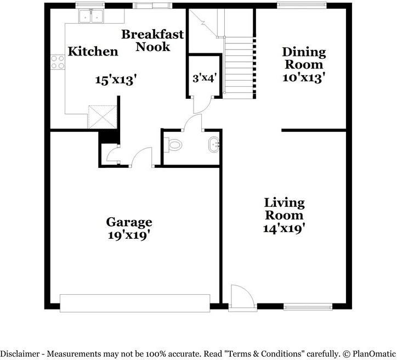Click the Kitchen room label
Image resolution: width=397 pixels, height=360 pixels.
tap(93, 52)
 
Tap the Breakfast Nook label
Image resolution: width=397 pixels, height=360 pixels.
tap(152, 41)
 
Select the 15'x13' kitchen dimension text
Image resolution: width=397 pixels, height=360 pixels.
tap(115, 79)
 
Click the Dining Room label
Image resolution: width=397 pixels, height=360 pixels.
tap(303, 59)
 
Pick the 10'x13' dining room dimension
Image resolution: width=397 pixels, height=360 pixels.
tap(300, 77)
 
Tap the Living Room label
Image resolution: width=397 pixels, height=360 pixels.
tap(283, 209)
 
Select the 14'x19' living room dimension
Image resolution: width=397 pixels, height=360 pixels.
tap(283, 228)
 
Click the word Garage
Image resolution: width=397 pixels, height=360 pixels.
tap(129, 222)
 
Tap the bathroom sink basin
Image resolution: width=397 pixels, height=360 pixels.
tap(213, 146)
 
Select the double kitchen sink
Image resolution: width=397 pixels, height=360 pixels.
tap(92, 17)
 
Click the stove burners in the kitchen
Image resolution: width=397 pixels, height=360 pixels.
tap(58, 61)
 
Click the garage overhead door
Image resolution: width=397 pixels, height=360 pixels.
tap(134, 302)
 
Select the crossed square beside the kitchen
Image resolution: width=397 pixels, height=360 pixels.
tap(103, 116)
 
